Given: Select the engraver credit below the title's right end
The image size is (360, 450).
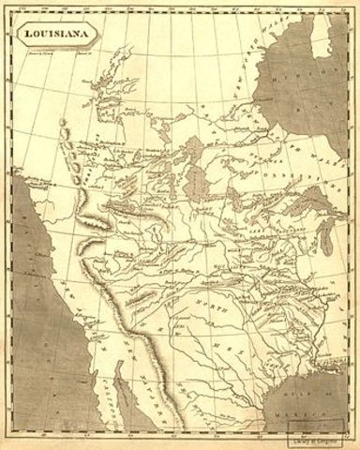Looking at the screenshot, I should pos(84,54).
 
